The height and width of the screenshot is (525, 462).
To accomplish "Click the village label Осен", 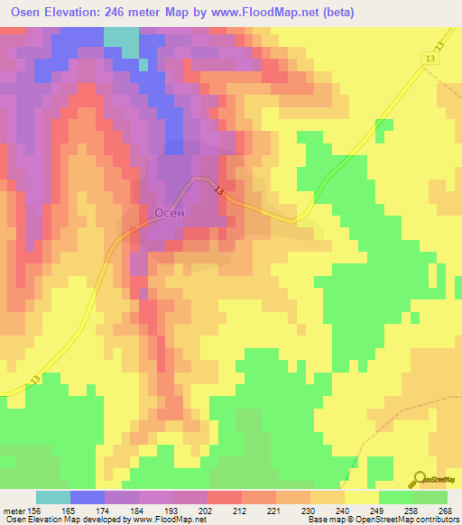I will click(x=171, y=214).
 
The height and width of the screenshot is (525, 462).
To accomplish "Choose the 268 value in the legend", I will click(x=445, y=511).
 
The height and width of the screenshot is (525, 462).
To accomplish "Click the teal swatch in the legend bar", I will click(x=53, y=497).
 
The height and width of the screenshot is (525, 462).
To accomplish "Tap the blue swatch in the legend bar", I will click(x=88, y=497).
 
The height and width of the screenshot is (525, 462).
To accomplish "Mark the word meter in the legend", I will click(x=14, y=511).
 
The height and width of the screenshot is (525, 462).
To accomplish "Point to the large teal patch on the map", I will click(x=121, y=41).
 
